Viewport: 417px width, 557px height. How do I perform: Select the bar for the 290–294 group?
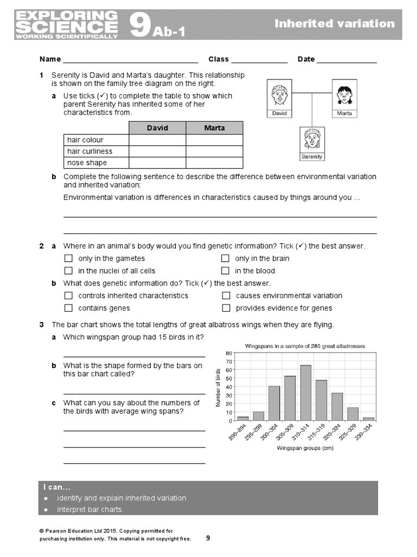coord(243,418)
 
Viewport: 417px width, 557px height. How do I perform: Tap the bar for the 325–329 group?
coord(353,414)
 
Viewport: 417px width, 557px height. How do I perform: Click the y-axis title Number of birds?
coord(218,387)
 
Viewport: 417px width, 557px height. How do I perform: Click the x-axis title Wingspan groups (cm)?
coord(305,448)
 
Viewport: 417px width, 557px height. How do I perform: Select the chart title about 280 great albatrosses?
coord(305,346)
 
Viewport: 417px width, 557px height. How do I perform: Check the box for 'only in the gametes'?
coord(68,258)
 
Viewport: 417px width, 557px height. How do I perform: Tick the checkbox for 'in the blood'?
coord(225,271)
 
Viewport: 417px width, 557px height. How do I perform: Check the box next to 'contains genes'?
coord(68,308)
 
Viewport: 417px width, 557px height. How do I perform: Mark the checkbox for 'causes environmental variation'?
coord(226,296)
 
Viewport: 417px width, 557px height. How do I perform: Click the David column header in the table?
coord(157,128)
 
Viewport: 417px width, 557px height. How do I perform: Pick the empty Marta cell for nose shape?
coord(214,163)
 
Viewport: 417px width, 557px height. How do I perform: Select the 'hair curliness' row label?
coord(90,151)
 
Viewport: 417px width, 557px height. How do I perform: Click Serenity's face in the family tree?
coord(312,139)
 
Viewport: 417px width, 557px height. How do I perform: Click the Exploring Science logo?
coord(67,24)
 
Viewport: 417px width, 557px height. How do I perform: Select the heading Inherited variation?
coord(334,23)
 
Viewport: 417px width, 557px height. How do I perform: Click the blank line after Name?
coord(130,59)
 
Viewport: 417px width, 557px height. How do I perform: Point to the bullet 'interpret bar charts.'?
coord(91,510)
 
